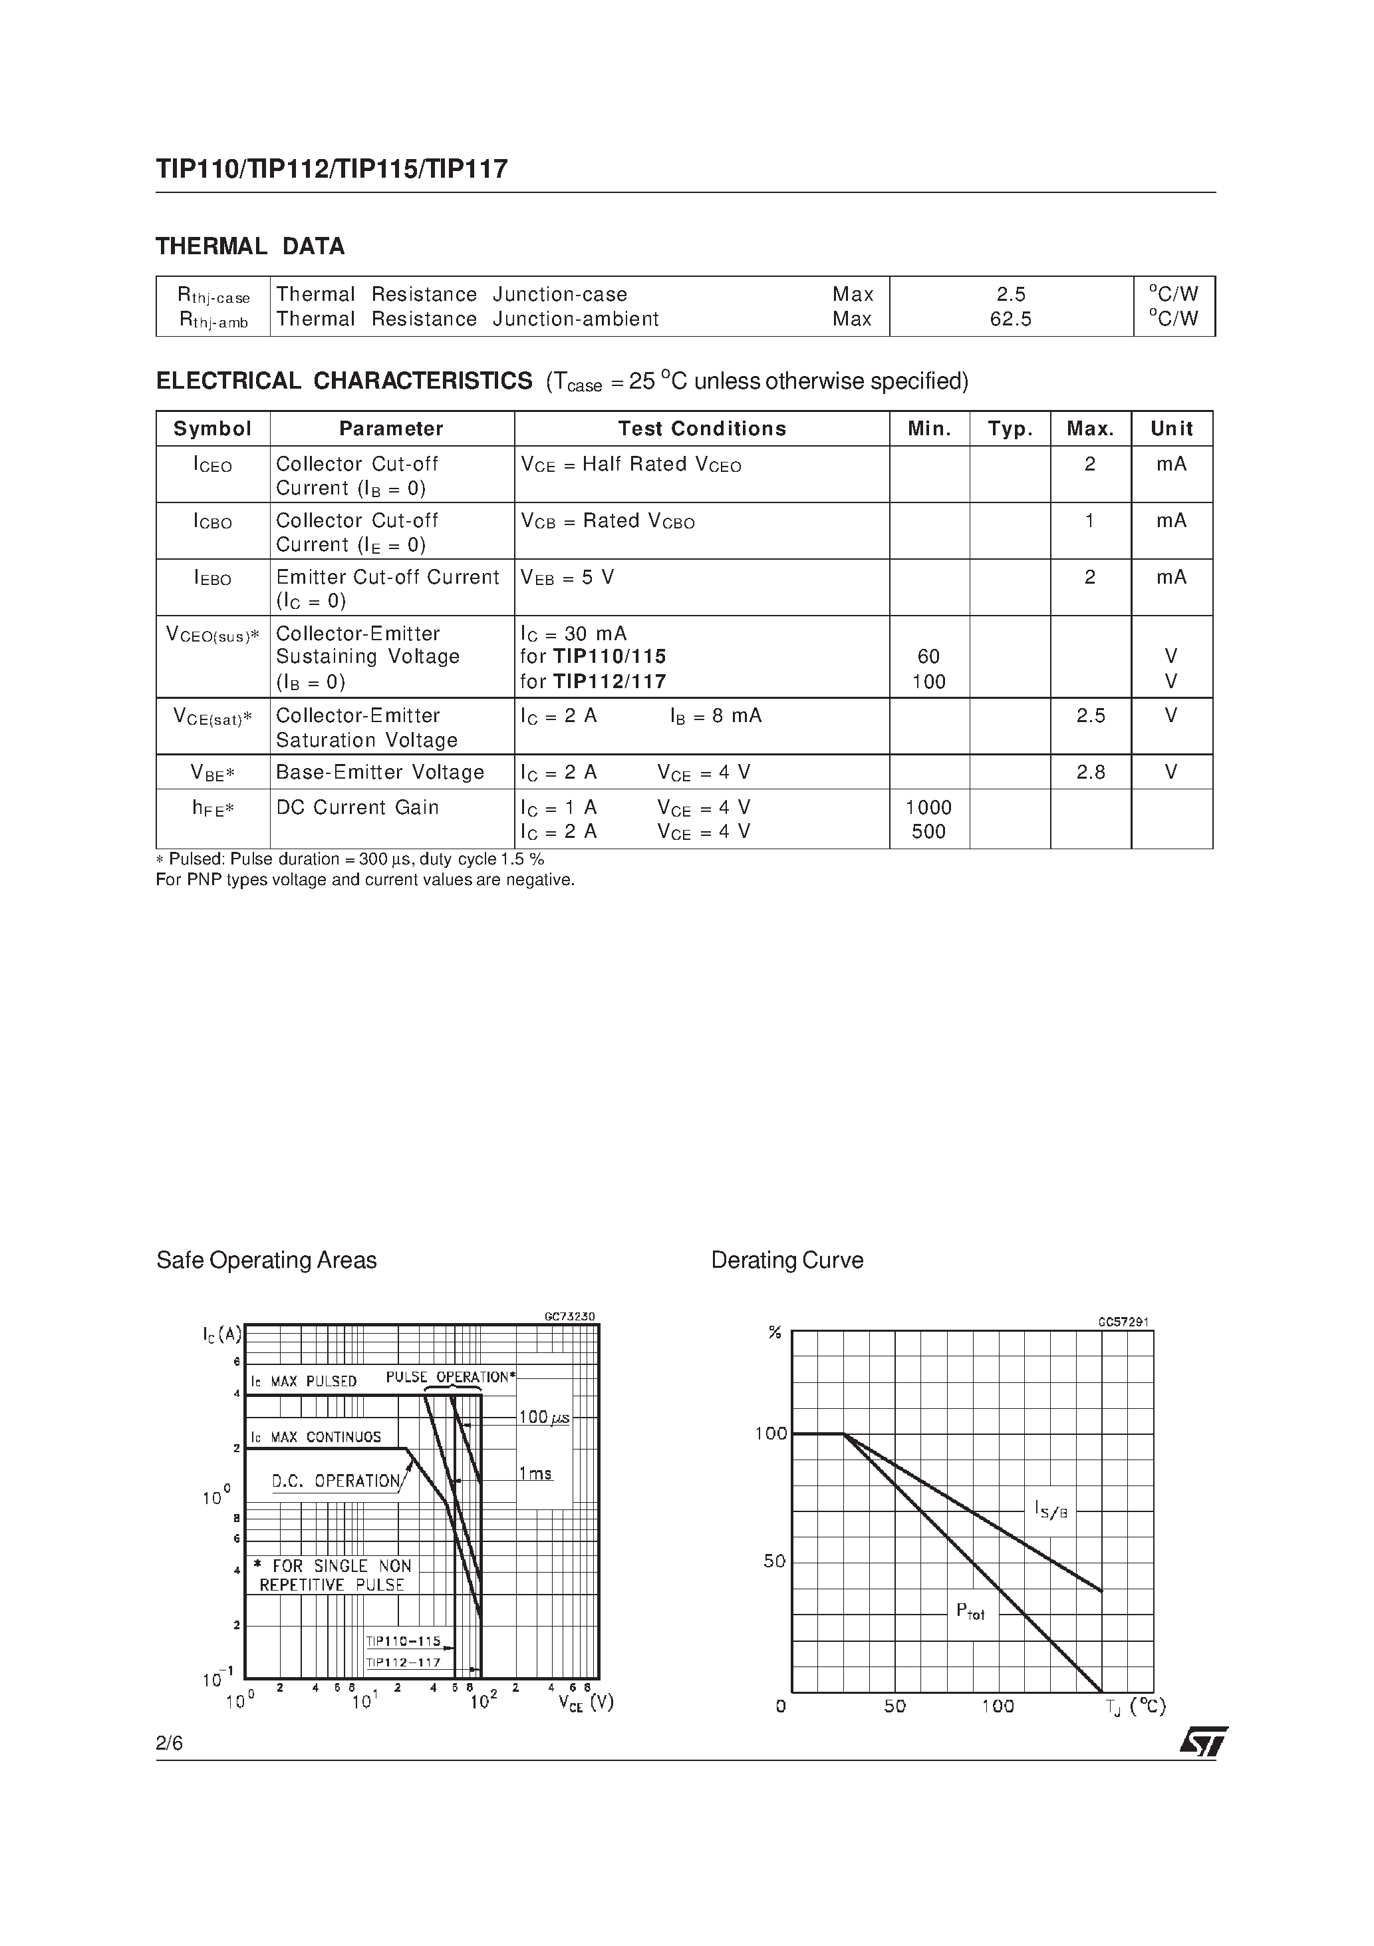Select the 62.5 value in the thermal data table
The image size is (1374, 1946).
click(1011, 319)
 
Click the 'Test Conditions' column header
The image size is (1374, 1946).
click(702, 429)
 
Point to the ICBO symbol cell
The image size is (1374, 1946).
click(213, 522)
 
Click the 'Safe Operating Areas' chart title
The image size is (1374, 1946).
click(266, 1261)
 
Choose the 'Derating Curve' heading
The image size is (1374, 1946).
click(787, 1261)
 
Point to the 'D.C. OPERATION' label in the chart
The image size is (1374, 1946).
click(335, 1481)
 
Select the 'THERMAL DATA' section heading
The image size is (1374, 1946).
click(250, 247)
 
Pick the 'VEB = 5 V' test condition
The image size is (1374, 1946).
click(567, 578)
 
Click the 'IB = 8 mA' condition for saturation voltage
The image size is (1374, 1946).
click(716, 716)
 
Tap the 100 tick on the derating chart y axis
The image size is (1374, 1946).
click(771, 1434)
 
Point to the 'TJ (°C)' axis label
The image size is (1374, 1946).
click(1135, 1707)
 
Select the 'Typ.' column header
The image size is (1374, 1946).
click(1010, 429)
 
